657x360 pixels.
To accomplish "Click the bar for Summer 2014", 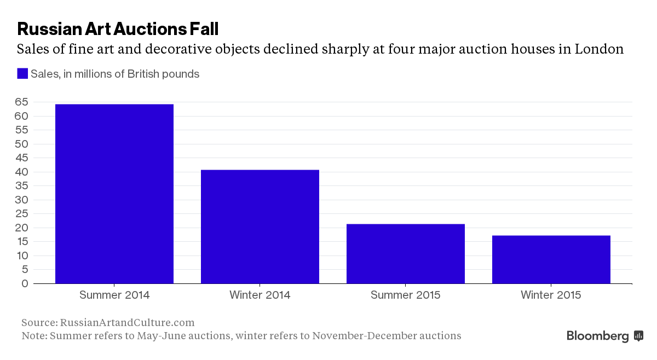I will coord(114,194).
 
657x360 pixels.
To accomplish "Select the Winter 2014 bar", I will coord(260,227).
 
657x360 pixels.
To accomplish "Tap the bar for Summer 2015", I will coord(406,253).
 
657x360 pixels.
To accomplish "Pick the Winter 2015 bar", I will coord(551,259).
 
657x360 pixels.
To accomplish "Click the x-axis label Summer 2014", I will coord(114,295).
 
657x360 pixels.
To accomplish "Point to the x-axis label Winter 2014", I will coord(260,295).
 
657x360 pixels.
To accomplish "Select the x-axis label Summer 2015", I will coord(406,295).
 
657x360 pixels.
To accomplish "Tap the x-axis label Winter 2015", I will coord(551,295).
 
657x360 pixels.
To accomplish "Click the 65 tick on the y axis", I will coord(22,102).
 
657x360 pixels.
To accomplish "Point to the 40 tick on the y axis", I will coord(22,172).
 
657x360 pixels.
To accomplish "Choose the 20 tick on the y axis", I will coord(22,228).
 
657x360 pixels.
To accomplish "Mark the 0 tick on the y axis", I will coord(25,283).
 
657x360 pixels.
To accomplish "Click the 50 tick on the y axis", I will coord(22,144).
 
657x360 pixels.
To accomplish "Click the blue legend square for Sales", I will coord(22,74).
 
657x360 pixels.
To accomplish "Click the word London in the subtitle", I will coord(599,49).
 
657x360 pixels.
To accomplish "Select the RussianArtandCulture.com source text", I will coord(127,323).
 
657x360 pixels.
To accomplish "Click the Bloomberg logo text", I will coord(597,336).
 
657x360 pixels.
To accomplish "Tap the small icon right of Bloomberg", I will coord(638,336).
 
